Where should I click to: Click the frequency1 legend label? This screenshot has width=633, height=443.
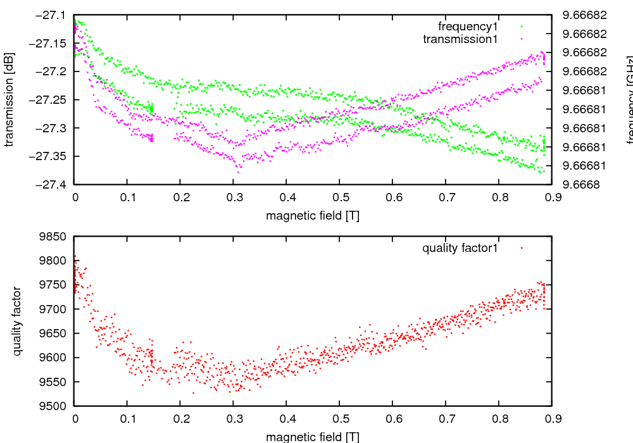coord(468,27)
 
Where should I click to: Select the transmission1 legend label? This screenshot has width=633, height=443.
coord(460,39)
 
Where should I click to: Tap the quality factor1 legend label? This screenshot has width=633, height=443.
coord(460,248)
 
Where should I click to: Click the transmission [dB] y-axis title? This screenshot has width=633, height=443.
coord(9,99)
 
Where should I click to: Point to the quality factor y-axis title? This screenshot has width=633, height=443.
coord(17,321)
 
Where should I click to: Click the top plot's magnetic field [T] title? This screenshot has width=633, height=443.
coord(313,216)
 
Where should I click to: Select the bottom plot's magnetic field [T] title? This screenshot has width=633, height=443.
coord(313,437)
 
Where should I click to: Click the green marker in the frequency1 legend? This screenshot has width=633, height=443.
coord(522,27)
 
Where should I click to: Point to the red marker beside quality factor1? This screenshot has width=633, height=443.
coord(522,248)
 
